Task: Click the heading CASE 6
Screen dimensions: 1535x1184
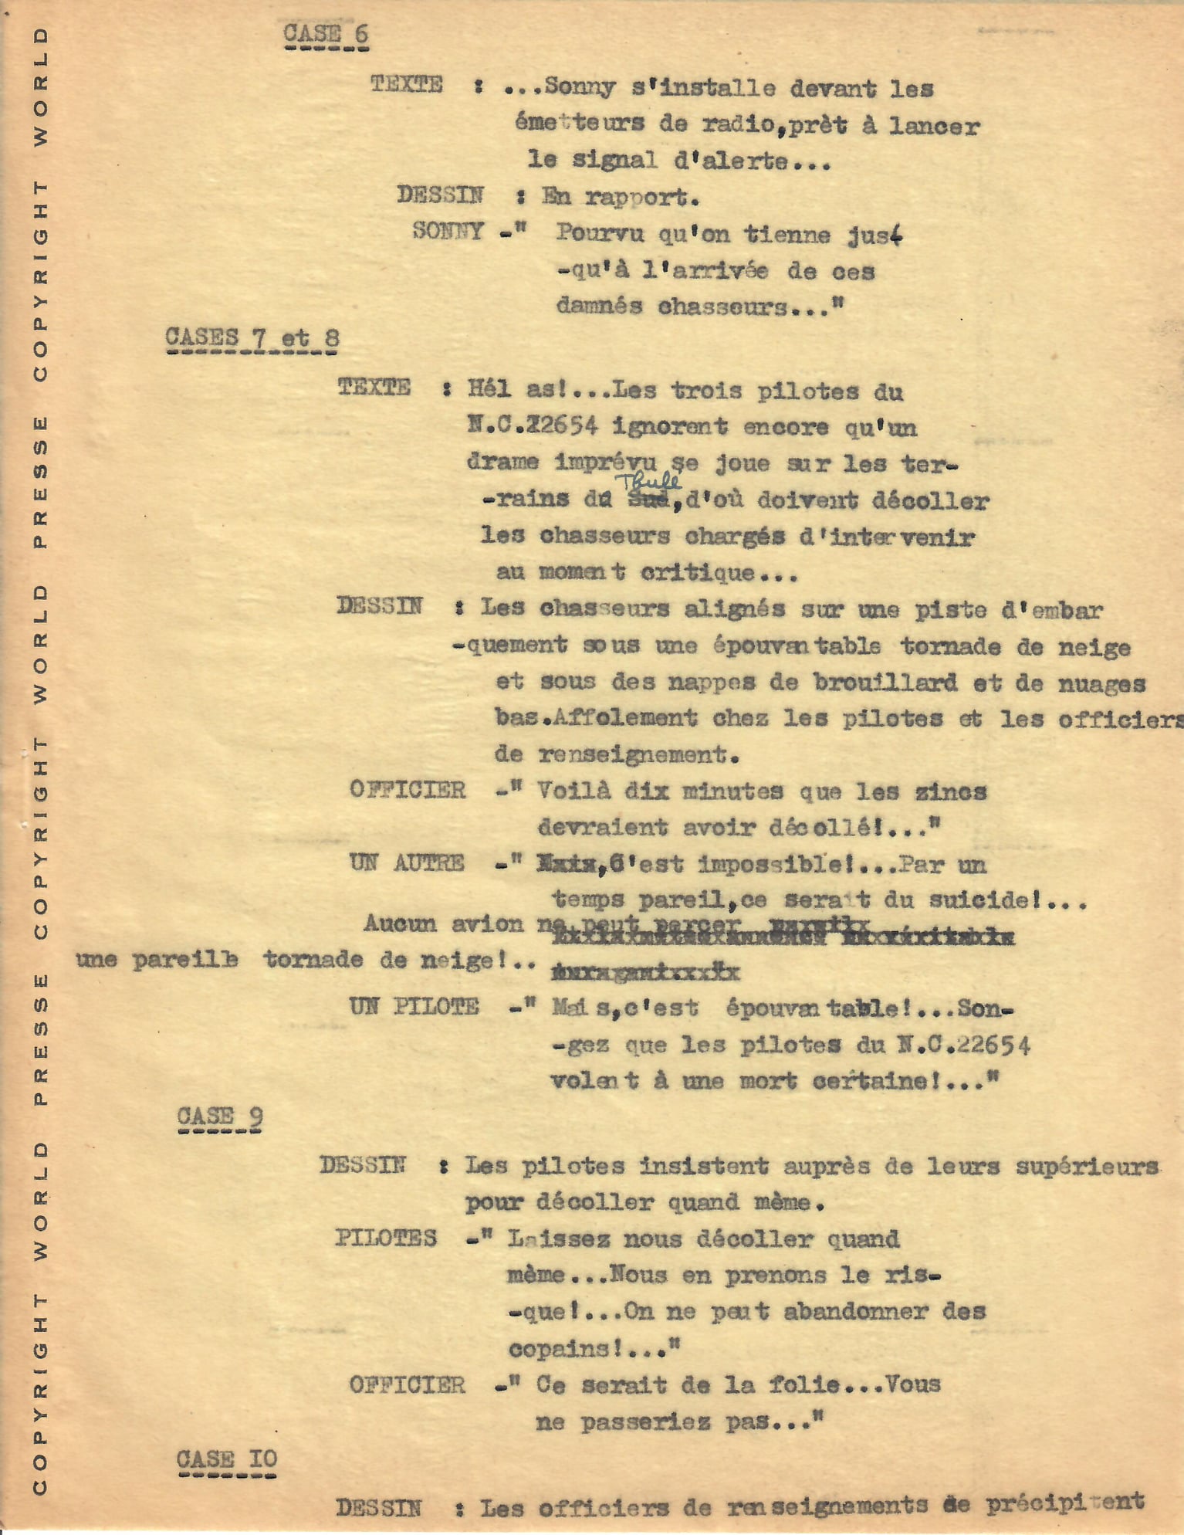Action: (x=325, y=34)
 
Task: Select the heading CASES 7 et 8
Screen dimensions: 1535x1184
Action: (x=252, y=337)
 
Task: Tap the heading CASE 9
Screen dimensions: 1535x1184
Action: (x=220, y=1117)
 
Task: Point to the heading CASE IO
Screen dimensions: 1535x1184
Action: (x=226, y=1459)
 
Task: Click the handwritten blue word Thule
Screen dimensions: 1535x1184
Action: (x=648, y=481)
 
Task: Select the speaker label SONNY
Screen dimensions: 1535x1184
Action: (x=448, y=231)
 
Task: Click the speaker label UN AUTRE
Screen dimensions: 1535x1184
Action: (x=407, y=862)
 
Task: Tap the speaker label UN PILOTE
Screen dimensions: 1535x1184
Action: (x=414, y=1006)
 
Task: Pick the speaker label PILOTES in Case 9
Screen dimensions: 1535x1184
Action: (x=386, y=1238)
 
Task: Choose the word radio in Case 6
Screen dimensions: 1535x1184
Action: (x=739, y=124)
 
